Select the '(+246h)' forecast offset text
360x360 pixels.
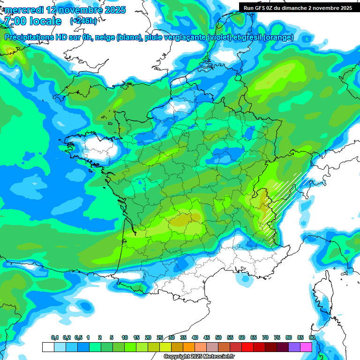coord(83,21)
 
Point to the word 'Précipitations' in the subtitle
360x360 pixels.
coord(29,37)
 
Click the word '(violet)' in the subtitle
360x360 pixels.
coord(219,37)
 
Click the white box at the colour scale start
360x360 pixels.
coord(48,347)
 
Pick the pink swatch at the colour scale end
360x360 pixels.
coord(306,347)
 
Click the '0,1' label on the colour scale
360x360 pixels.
coord(54,338)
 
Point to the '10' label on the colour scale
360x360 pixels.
coord(125,338)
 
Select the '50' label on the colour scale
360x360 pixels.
coord(218,338)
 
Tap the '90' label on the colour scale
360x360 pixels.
coord(312,338)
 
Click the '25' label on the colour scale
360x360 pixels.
coord(160,338)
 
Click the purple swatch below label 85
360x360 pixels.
coord(294,347)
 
